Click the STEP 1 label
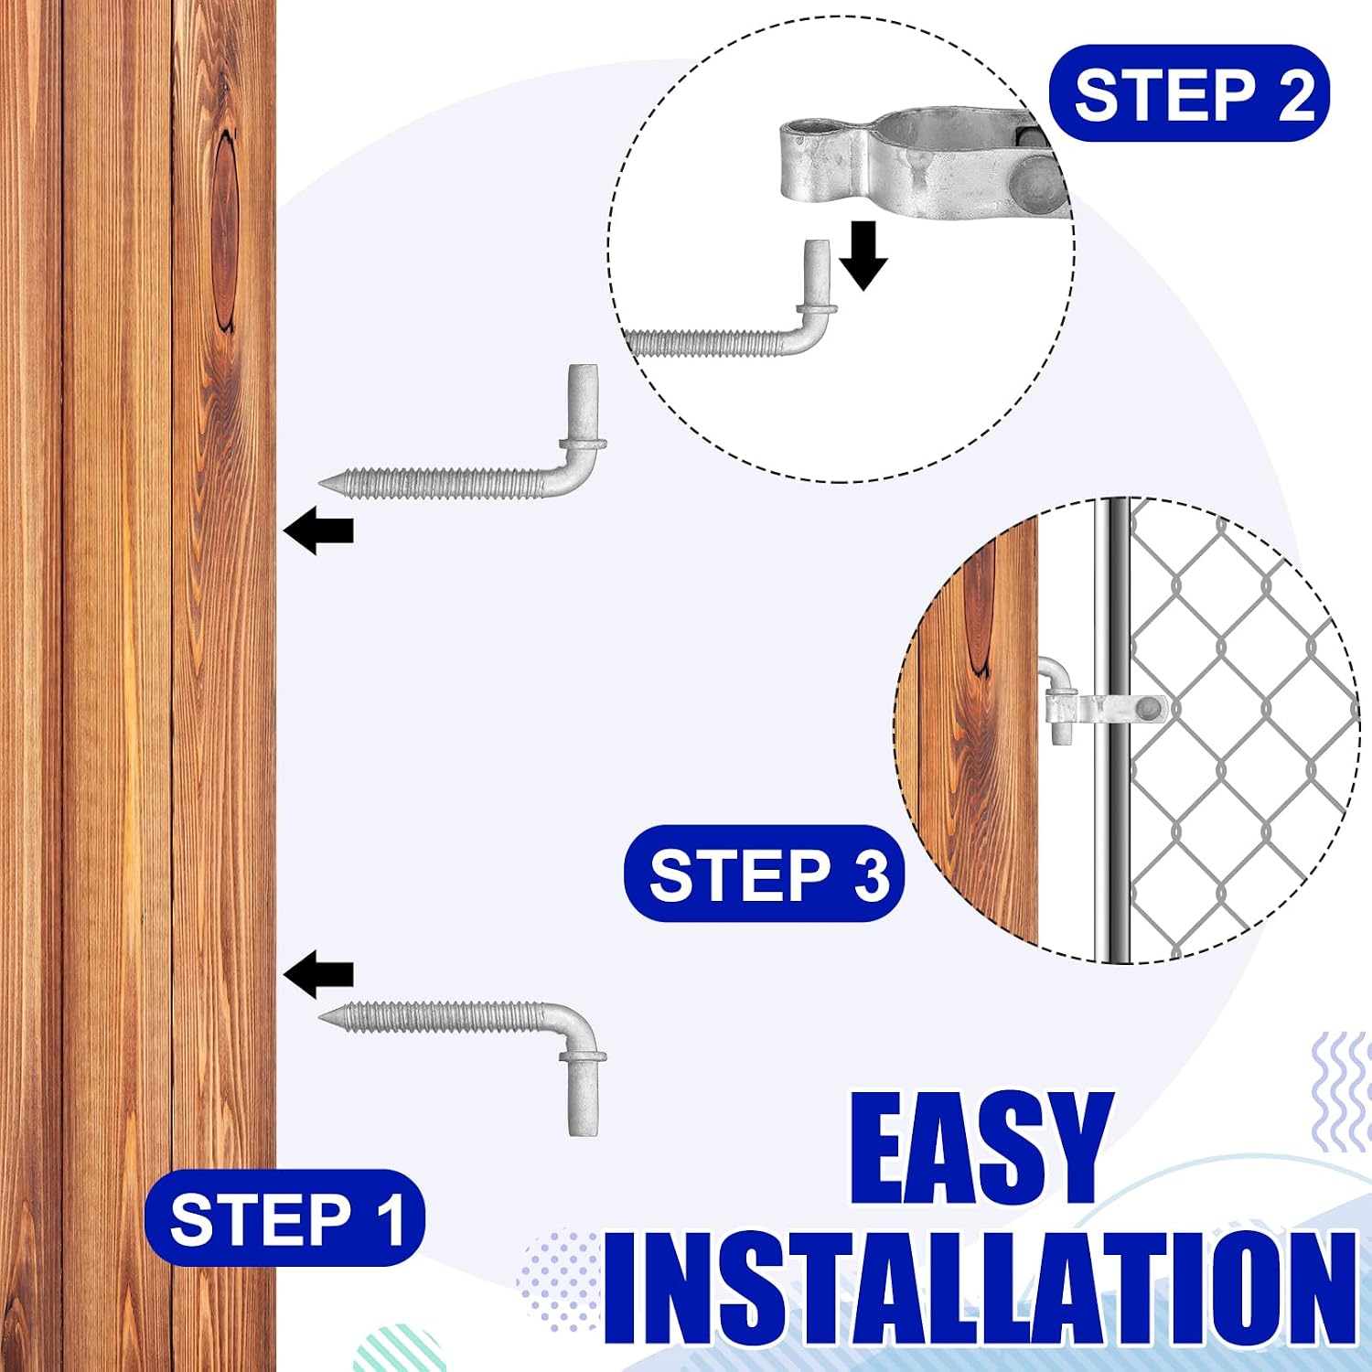[284, 1217]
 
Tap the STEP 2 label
[1189, 93]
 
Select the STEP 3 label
[764, 873]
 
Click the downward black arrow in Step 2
[863, 255]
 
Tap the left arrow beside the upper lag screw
[318, 530]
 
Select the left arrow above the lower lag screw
[318, 973]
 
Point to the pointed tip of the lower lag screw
[321, 1016]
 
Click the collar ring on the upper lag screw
[583, 445]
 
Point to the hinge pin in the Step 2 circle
[816, 274]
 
